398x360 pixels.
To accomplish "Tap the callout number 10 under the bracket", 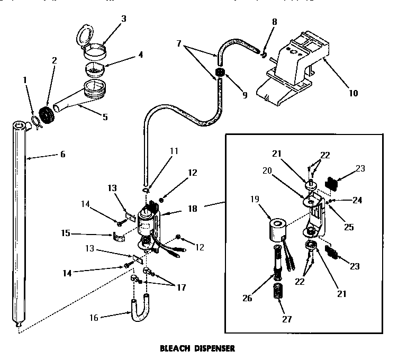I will point(354,93).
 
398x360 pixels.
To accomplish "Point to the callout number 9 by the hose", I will point(245,95).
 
